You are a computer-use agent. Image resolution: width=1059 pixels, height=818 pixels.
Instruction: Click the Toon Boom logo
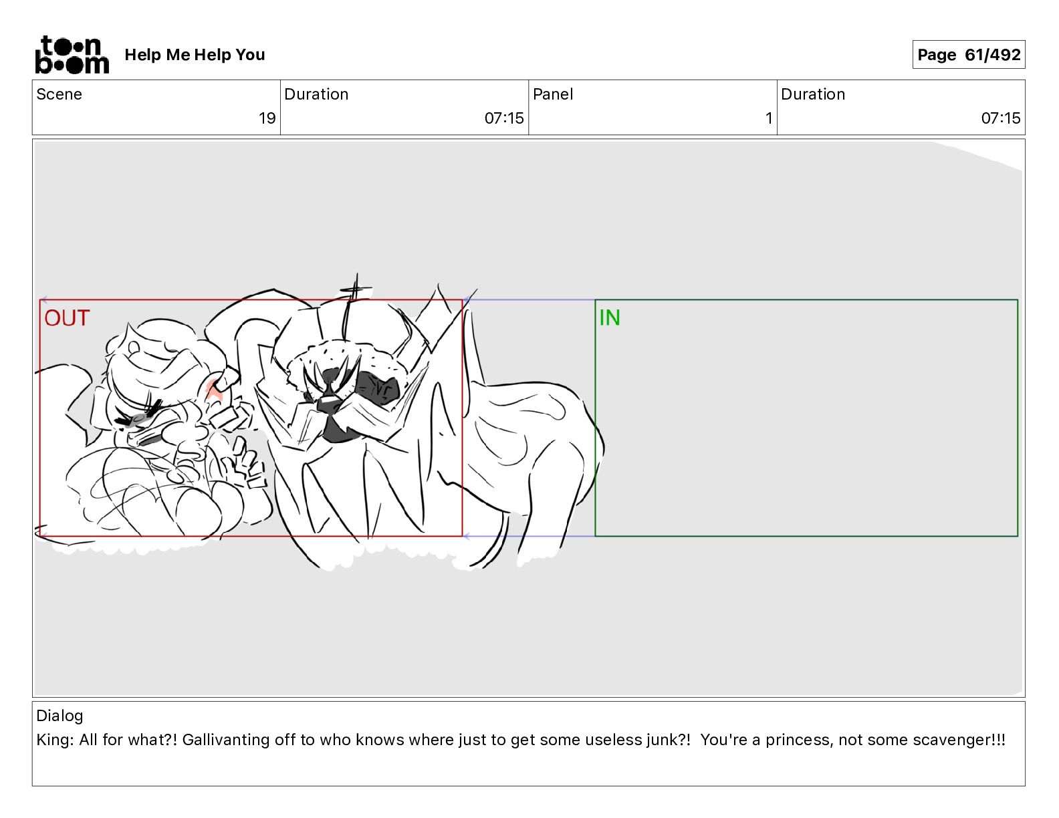[x=72, y=55]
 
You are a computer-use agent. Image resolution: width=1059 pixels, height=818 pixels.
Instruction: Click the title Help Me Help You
[x=195, y=55]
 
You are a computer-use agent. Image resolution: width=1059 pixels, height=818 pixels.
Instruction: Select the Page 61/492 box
[x=968, y=55]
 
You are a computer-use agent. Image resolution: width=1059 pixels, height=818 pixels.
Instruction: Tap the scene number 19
[x=267, y=118]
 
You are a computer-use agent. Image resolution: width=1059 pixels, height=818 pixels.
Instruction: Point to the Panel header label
[x=553, y=94]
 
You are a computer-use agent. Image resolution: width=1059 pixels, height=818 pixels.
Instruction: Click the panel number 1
[x=769, y=118]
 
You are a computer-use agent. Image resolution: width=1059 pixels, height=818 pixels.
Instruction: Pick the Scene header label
[x=59, y=94]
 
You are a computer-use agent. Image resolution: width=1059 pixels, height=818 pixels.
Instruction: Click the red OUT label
[x=67, y=318]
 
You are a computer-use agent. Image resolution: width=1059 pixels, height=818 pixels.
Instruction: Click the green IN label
[x=610, y=318]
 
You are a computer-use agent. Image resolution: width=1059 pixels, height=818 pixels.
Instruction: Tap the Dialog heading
[x=60, y=716]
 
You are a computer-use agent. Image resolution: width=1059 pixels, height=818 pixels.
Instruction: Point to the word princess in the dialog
[x=796, y=740]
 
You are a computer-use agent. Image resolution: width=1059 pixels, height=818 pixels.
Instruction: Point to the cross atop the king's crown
[x=355, y=290]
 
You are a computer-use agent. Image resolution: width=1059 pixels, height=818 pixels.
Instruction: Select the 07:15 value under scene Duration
[x=504, y=118]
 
